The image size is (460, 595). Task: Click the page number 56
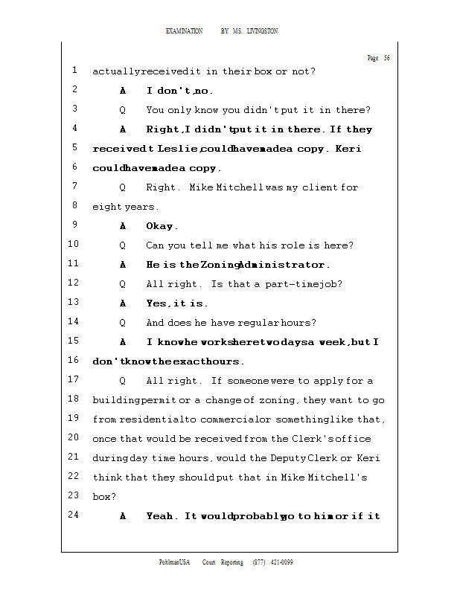[x=386, y=58]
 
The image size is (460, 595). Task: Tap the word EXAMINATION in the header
[x=184, y=30]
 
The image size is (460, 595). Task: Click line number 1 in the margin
[x=75, y=71]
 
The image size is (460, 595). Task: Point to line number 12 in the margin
[x=73, y=283]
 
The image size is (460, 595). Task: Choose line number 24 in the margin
[x=73, y=515]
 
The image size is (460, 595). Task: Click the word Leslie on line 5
[x=178, y=149]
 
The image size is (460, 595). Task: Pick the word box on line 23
[x=101, y=497]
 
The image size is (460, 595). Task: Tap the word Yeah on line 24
[x=162, y=516]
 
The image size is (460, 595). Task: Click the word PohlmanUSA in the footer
[x=174, y=562]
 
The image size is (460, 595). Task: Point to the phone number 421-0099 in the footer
[x=281, y=562]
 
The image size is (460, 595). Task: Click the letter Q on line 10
[x=123, y=245]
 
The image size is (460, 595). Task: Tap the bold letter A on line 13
[x=123, y=303]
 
